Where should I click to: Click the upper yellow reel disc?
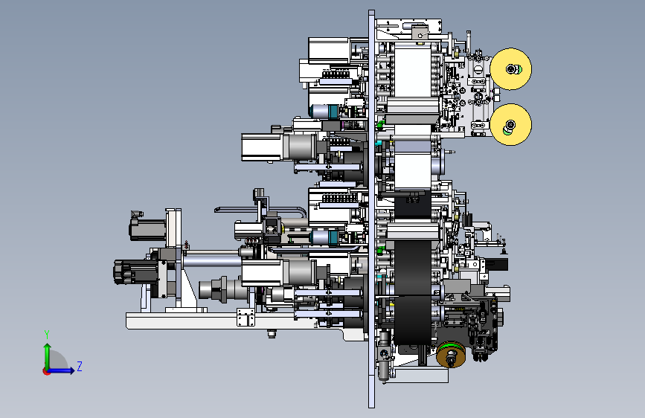(511, 68)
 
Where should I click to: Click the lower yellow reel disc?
(511, 124)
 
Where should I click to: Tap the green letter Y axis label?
(47, 335)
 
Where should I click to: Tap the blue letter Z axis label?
(80, 366)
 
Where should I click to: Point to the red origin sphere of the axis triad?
(46, 371)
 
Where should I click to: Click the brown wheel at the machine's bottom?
(452, 354)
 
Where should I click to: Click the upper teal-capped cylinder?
(324, 111)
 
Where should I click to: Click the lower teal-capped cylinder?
(324, 237)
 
